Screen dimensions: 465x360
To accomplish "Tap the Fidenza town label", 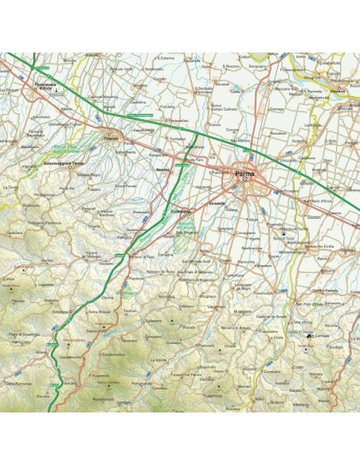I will [111, 139].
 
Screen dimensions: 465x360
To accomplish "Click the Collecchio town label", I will [182, 211].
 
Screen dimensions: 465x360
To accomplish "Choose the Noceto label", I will [162, 170].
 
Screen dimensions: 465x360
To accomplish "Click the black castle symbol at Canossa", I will [308, 337].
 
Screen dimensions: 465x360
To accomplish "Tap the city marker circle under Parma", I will [245, 180].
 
